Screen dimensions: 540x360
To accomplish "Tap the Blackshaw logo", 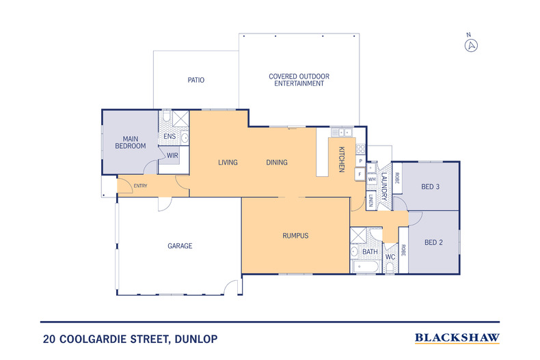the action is coord(457,338).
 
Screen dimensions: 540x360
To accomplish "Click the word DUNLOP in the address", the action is coord(196,340).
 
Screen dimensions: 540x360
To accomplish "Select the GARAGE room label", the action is coord(180,246).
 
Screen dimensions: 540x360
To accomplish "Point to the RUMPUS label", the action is coord(295,236).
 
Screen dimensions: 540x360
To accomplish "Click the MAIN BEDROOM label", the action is coord(131,143).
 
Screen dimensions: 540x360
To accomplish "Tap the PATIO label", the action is coord(196,80).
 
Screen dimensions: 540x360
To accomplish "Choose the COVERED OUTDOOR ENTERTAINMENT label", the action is coord(299,80).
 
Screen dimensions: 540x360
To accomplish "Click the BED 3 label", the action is coord(431,187).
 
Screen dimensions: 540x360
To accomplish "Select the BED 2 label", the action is coord(433,243).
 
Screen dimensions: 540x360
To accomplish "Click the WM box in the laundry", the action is coord(372,179).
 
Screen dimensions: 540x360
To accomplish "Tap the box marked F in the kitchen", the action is coord(360,174).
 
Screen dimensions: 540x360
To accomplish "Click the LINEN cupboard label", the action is coord(370,201).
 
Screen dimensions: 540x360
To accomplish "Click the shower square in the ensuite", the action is coord(180,118).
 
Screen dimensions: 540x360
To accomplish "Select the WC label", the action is coord(390,257).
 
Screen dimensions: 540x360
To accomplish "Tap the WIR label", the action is coord(172,156).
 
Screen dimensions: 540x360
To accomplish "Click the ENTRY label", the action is coord(141,186).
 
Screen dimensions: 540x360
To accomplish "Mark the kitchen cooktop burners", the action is coord(361,149).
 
